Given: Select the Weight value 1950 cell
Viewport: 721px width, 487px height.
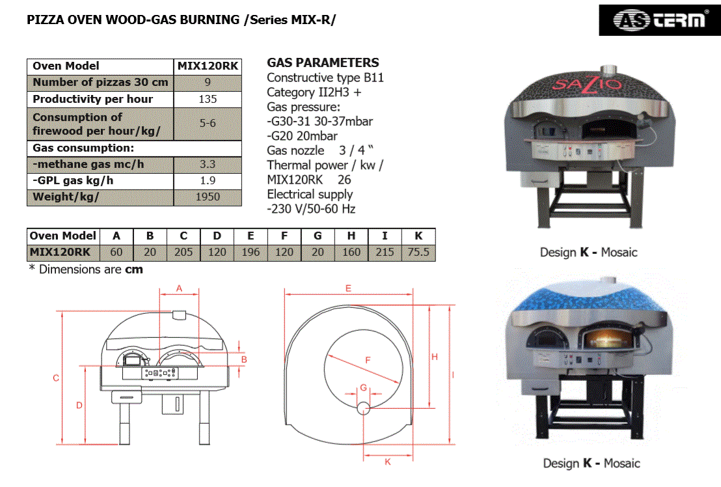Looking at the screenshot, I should pos(208,197).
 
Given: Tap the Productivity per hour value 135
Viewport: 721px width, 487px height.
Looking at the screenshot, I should pos(208,100).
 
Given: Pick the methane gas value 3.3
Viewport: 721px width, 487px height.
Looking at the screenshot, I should pos(208,165).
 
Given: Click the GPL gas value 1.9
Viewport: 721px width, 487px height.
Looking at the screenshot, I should pos(208,181).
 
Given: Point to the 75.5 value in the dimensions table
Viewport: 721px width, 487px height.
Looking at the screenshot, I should pos(418,252).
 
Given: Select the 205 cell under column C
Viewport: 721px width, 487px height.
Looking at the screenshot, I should pos(184,252).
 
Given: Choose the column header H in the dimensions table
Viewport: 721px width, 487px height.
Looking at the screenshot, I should pos(351,236).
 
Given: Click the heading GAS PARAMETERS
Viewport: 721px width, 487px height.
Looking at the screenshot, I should pos(323,63).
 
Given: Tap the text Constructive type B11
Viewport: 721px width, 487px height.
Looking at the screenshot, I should pos(325,78).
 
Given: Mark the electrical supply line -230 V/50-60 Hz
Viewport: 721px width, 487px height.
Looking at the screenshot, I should pos(311,209).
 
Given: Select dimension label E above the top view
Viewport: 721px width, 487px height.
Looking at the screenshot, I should pos(348,288).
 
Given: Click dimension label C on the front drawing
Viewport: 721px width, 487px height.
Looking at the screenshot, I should pos(56,378).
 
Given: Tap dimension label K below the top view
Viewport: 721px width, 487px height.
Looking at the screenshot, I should pos(387,462).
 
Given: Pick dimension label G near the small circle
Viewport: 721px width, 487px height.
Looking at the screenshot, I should pos(364,389).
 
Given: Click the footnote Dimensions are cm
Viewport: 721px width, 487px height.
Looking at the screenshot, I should pos(86,269).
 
